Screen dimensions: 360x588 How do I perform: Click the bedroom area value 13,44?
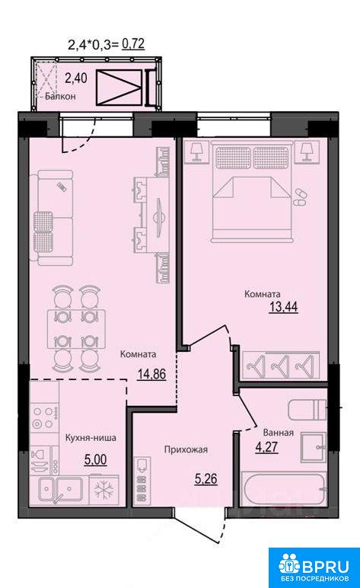pos(284,307)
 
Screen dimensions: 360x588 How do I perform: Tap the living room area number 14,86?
pos(151,374)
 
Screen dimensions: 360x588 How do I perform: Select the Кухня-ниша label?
pos(91,438)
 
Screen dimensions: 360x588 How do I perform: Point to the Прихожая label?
pos(186,449)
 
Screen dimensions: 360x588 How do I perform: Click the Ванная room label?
pos(278,433)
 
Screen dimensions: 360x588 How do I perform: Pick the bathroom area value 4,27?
pos(267,447)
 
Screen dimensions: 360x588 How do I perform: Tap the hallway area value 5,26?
pos(206,479)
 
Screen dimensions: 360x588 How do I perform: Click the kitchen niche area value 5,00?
pos(95,459)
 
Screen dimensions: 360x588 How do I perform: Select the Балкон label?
pos(60,97)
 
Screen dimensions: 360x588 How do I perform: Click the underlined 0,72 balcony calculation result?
pos(133,44)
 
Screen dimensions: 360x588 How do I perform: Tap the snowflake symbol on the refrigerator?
pos(104,491)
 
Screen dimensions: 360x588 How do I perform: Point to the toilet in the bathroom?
pos(307,410)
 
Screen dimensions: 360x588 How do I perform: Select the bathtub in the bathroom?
pos(283,491)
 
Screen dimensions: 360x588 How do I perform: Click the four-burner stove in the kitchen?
pos(45,418)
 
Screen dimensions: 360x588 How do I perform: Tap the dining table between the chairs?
pos(76,329)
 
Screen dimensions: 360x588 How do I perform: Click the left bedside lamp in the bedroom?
pos(196,152)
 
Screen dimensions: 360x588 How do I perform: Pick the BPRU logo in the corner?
pos(314,567)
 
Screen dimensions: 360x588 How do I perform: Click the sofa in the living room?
pos(55,218)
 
